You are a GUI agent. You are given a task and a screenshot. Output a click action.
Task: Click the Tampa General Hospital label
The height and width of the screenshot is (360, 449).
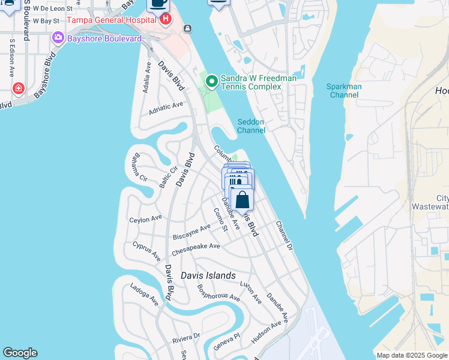pos(112,19)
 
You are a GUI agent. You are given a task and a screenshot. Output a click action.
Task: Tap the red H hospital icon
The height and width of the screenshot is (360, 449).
pos(165,19)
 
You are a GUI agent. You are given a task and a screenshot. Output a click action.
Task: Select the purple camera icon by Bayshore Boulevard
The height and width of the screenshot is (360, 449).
pos(58,38)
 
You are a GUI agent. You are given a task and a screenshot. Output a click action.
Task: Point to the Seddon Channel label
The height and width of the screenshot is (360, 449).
pos(251,125)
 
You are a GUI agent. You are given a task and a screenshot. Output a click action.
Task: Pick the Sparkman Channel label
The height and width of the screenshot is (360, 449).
pos(344,91)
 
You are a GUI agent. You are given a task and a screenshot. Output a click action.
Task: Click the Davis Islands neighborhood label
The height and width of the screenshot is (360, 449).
pos(208,275)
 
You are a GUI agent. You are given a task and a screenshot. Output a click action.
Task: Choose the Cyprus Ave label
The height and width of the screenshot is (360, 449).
pos(146,251)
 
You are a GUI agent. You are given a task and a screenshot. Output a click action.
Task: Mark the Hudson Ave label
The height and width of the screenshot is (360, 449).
pos(266,332)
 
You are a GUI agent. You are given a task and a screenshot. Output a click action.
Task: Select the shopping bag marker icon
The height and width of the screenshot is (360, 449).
pos(241,200)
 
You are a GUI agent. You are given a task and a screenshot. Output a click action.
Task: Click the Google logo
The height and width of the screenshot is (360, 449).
pos(20,353)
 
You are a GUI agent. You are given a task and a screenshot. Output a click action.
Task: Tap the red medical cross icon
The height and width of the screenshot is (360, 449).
pos(19,89)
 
